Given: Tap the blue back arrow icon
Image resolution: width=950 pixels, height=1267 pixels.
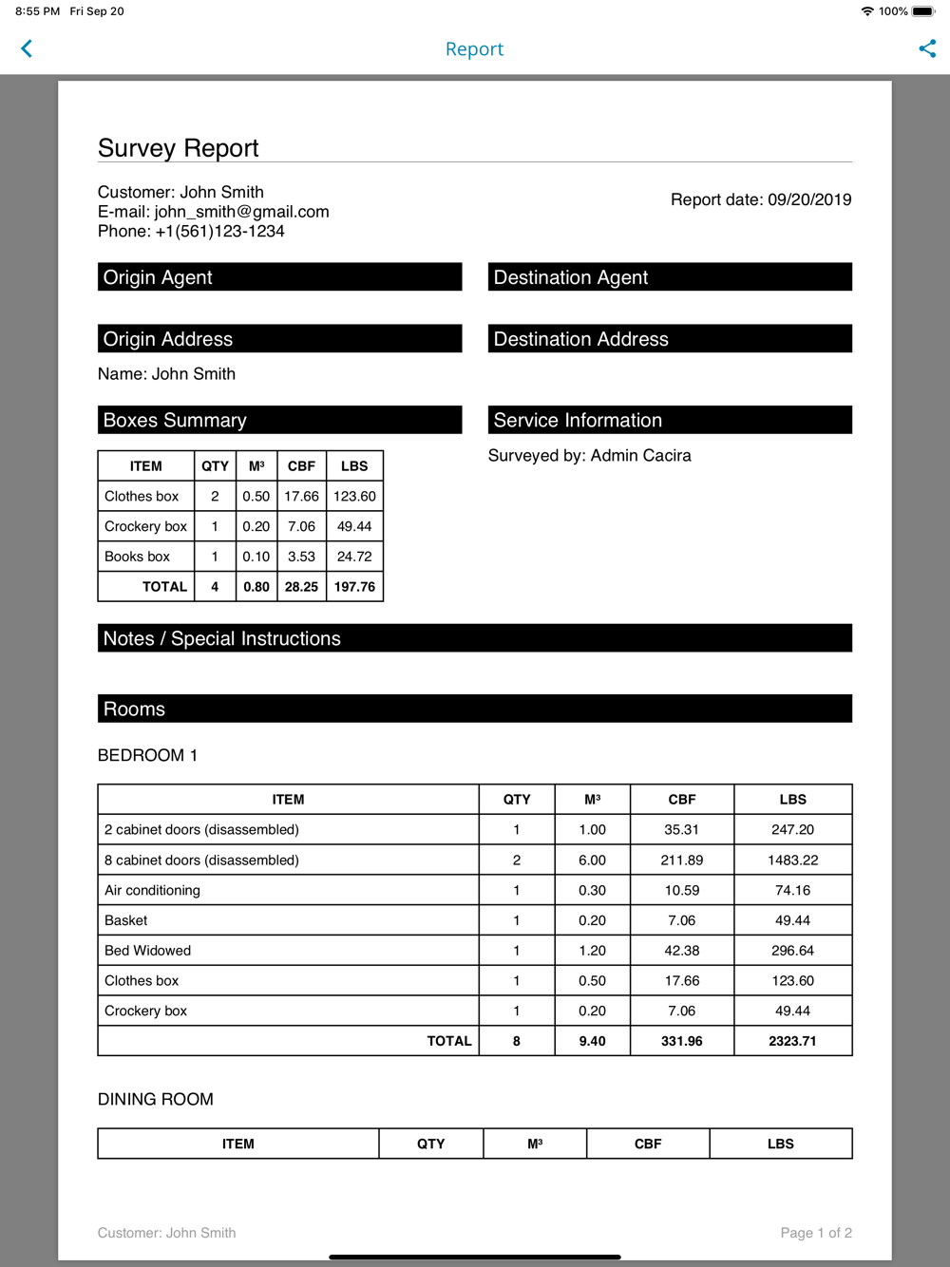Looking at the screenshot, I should pos(27,48).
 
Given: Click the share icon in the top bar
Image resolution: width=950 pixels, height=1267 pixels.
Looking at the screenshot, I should pos(927,48).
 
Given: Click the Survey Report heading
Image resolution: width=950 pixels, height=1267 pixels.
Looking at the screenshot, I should pos(179,148).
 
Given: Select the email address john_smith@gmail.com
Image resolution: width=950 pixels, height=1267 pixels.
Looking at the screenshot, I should pos(241,212).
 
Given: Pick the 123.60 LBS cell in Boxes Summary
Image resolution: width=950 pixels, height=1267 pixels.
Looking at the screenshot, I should pos(354,496).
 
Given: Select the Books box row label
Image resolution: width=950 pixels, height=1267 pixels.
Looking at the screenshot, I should pos(138,557).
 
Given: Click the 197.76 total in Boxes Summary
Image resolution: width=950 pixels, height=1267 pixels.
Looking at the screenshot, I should pos(354,587).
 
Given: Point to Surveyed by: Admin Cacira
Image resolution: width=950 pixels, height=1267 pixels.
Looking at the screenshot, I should pos(590,456).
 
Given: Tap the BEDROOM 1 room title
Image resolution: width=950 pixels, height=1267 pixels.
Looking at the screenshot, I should pos(147,755).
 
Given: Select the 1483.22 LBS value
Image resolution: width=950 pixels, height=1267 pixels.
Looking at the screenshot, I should pos(792,860).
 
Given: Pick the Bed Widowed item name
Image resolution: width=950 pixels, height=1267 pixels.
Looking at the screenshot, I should pos(148,951).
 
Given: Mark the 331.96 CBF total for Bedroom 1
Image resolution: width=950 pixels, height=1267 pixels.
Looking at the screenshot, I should pos(681,1041).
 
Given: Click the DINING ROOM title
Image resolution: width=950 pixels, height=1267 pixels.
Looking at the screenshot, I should pos(156,1099).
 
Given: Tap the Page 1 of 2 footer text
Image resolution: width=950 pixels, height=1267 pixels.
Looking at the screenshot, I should pos(815,1233).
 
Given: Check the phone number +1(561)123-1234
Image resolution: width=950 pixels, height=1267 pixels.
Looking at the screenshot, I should pos(219,231).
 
